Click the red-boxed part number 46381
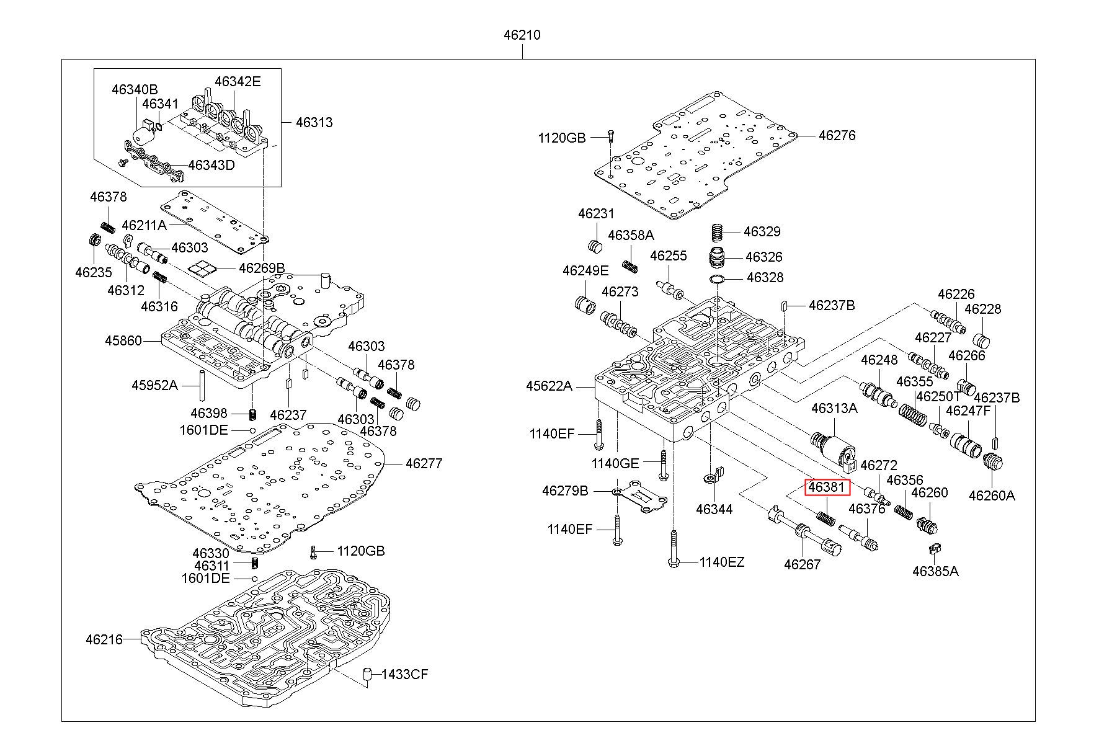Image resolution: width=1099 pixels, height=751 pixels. pos(826,487)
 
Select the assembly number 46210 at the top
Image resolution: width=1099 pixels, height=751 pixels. pos(522,35)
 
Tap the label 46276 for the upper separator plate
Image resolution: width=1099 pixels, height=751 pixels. pos(837,135)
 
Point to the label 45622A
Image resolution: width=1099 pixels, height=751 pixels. pos(549,386)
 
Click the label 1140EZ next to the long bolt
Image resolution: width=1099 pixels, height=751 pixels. pos(721,562)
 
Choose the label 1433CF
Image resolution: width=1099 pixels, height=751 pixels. pos(404,674)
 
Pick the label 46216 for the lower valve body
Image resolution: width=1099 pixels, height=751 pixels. pos(104,639)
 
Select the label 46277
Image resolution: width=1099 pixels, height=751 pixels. pos(424,463)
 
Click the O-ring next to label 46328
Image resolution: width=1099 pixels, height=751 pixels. pos(718,278)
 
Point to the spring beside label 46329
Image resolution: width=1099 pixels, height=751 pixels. pos(718,232)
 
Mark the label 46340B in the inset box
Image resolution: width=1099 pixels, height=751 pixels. pos(135,89)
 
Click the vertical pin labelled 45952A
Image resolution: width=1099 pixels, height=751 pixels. pos(202,385)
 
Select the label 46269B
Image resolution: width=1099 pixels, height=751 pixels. pos(262,268)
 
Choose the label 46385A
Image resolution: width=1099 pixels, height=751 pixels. pos(935,571)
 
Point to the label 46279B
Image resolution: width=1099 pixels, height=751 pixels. pos(565,491)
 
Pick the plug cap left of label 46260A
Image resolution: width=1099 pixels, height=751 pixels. pos(993,463)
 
